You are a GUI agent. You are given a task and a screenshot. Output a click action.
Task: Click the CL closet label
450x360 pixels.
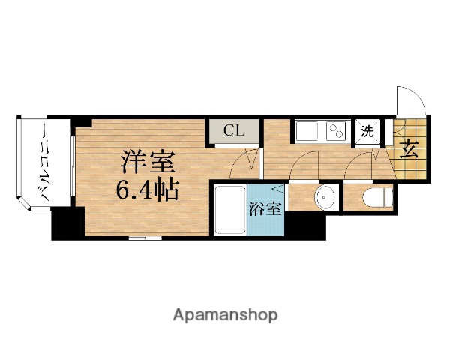234,130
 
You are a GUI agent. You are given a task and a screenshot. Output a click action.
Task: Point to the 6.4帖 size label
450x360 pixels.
146,190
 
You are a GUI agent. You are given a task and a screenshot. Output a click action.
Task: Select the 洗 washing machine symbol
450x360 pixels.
368,130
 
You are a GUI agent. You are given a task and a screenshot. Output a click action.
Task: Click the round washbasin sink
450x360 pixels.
325,199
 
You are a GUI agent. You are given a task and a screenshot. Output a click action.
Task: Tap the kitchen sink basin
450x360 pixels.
308,132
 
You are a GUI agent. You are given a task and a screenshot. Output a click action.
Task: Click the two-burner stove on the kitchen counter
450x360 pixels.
335,132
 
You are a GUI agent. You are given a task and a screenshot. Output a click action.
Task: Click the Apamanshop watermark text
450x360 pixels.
226,313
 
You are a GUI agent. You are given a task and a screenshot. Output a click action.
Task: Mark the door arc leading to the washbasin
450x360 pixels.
307,165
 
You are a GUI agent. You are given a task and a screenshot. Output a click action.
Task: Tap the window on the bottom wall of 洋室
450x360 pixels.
144,238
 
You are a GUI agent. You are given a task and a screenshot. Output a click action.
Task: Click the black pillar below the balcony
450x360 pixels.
67,223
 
